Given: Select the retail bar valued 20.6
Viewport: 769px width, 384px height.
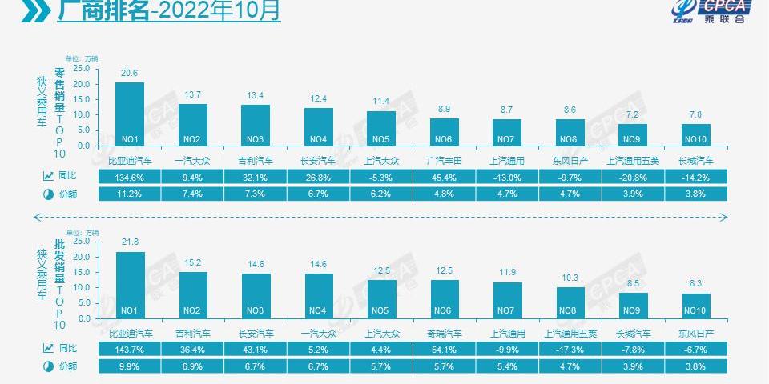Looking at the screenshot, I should pos(130,114).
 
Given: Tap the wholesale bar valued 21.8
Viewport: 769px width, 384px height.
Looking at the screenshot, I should pos(131,286).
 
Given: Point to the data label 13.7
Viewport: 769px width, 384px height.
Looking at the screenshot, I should pos(193,94).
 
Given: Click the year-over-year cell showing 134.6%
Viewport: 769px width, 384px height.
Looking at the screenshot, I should pos(129,177).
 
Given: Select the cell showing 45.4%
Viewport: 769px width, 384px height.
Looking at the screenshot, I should pos(444,177).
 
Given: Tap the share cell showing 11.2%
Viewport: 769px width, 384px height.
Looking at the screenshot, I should pos(129,194).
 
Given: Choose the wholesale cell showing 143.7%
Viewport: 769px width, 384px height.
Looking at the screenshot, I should pos(129,350).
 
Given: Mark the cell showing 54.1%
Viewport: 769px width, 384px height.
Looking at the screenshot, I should pos(444,350).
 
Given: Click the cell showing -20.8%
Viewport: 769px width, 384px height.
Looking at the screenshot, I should pos(633,177).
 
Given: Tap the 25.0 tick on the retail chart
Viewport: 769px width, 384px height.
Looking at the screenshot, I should pos(81,66).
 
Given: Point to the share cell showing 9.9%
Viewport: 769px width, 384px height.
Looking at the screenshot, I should pos(129,366).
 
